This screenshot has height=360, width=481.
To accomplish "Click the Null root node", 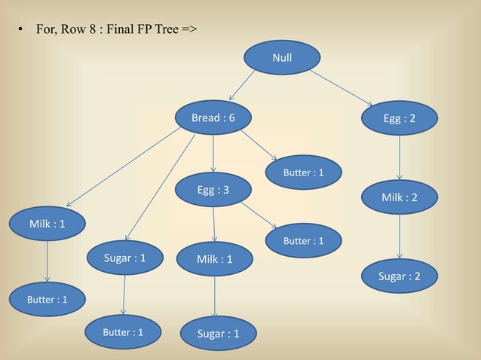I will [x=282, y=57].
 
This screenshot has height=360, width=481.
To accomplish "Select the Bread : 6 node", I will [x=213, y=118].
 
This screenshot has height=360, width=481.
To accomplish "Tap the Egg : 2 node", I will [x=399, y=118].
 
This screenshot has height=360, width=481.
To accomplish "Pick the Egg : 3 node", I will [x=213, y=190].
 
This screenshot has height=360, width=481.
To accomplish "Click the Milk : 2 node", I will [x=399, y=197].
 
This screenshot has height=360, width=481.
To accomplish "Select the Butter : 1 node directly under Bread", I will [x=303, y=172].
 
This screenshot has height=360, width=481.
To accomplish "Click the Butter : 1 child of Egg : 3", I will [x=303, y=241].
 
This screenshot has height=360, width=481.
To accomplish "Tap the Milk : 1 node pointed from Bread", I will [x=47, y=224].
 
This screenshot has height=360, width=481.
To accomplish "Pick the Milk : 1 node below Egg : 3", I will [x=215, y=259].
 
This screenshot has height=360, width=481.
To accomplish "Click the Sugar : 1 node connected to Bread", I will [x=124, y=258].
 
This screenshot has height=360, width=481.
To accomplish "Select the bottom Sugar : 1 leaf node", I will [x=218, y=333].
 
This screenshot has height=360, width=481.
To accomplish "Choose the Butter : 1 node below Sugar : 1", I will [x=123, y=331].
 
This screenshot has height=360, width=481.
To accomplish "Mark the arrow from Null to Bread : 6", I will [x=242, y=86].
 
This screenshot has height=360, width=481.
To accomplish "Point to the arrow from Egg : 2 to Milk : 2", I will [x=399, y=158].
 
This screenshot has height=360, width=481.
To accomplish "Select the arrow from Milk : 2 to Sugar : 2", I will [x=399, y=236].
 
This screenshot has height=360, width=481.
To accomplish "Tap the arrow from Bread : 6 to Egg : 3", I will [x=213, y=154].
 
